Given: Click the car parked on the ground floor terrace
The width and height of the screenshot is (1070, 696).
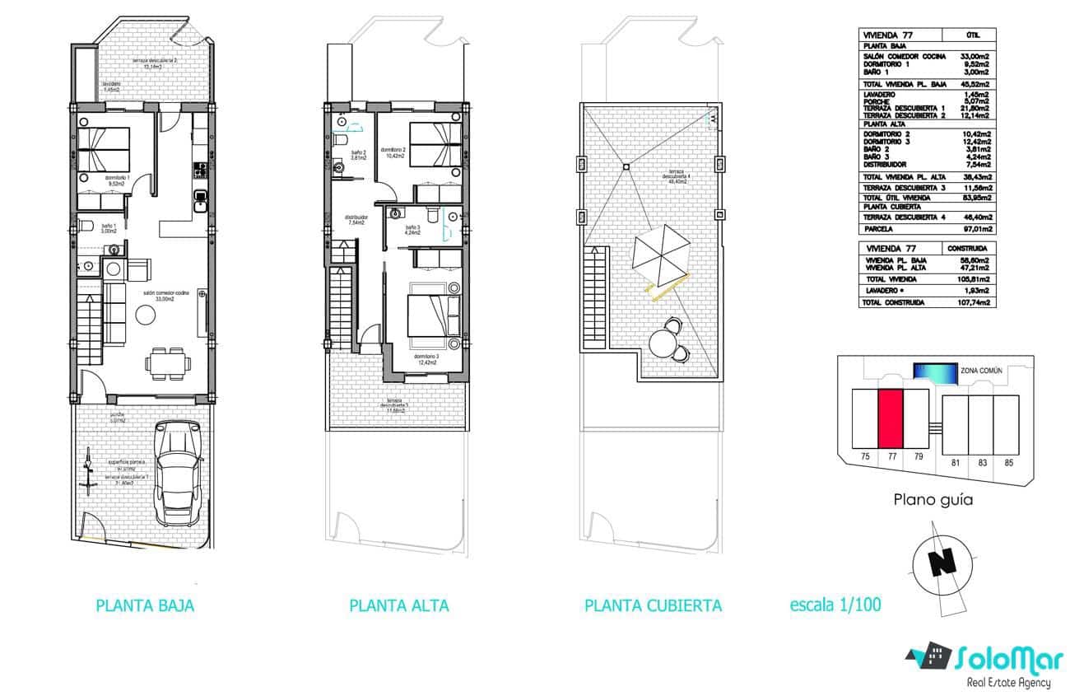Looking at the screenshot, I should tap(179, 474).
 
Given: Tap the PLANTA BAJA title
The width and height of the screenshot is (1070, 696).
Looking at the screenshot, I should tap(145, 605).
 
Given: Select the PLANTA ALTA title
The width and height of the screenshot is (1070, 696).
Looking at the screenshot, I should tap(399, 605).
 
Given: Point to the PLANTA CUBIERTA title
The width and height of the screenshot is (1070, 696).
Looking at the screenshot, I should tap(653, 605).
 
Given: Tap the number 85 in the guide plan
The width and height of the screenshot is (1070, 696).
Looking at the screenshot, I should tap(1009, 463).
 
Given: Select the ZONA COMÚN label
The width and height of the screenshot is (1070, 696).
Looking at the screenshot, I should tap(981, 371).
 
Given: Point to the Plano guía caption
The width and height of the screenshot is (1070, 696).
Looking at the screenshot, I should tap(933, 499).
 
